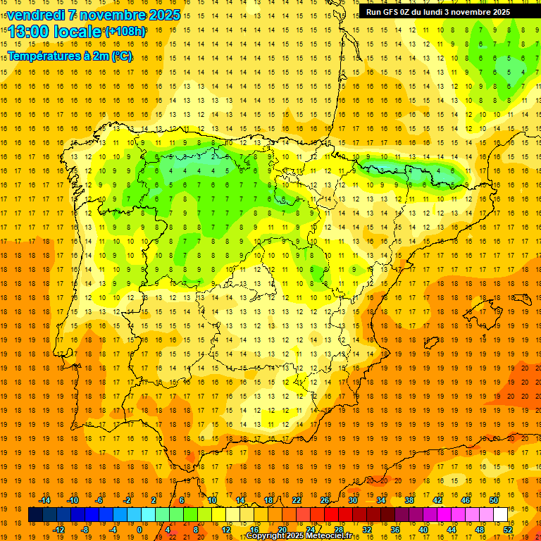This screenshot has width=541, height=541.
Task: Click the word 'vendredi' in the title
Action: (x=35, y=15)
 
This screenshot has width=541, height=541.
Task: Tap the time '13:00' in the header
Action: (x=30, y=32)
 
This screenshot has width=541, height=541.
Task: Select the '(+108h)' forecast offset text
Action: (x=125, y=32)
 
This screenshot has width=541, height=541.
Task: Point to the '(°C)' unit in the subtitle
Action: (x=121, y=56)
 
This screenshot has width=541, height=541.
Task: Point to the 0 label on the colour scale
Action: (x=140, y=530)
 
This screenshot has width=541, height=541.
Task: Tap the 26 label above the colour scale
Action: (x=325, y=500)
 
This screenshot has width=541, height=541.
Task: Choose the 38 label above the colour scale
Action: (x=409, y=500)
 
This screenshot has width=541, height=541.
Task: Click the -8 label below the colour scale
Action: (x=85, y=530)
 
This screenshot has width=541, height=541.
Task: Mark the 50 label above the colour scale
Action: (x=493, y=500)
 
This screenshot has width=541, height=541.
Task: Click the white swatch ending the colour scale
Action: (x=500, y=515)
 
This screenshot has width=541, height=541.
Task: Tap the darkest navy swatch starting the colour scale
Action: (x=35, y=515)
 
